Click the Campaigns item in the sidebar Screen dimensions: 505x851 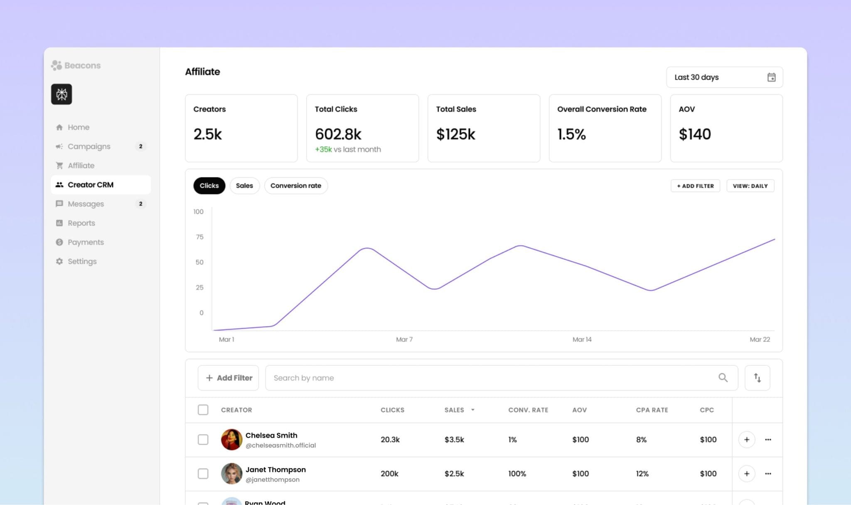coord(89,146)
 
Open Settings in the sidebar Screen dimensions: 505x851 coord(82,261)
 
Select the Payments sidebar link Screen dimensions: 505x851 coord(86,242)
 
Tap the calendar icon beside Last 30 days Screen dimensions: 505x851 coord(771,77)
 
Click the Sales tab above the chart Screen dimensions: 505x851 coord(244,186)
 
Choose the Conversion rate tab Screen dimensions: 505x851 coord(295,186)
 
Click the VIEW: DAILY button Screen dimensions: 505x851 coord(750,186)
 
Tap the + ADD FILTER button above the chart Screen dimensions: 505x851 coord(695,186)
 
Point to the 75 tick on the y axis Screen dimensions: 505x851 coord(199,237)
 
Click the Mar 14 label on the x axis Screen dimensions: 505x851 coord(582,340)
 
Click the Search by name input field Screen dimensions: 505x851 coord(490,378)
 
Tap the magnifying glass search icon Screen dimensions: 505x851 coord(723,377)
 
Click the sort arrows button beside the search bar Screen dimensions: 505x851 coord(757,378)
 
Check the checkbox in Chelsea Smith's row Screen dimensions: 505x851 coord(203,439)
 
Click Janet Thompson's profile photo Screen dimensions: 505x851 coord(231,473)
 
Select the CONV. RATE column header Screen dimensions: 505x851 coord(528,410)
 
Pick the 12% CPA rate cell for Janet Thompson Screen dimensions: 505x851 coord(642,473)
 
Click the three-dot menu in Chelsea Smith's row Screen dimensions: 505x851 coord(768,439)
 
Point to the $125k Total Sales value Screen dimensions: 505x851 coord(455,134)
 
